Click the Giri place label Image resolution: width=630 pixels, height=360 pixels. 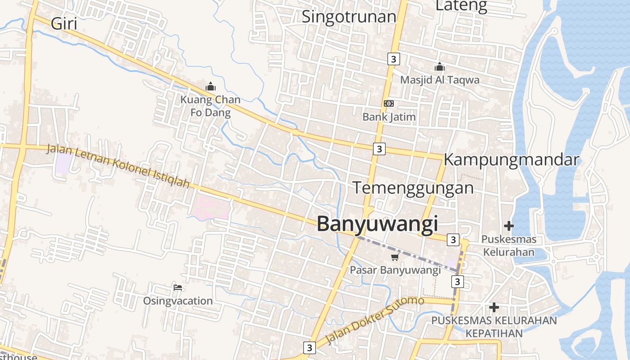tap(64, 23)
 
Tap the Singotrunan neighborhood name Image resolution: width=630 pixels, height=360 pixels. tap(349, 17)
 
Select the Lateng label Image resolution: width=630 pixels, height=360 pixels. tap(461, 6)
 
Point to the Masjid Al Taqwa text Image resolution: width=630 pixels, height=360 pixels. tap(440, 80)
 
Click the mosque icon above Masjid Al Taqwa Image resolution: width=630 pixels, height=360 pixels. tap(440, 67)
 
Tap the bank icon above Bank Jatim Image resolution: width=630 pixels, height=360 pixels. tap(389, 103)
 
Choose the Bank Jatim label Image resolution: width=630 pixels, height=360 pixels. tap(389, 117)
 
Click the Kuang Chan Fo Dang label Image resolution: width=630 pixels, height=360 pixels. tap(210, 106)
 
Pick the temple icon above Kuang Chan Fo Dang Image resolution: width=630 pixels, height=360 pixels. tap(210, 86)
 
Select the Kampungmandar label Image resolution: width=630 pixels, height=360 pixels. tap(511, 160)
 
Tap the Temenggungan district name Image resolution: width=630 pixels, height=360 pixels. tap(413, 188)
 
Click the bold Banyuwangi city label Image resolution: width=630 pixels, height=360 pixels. tap(377, 224)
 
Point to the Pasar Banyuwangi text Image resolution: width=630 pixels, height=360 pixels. tap(395, 270)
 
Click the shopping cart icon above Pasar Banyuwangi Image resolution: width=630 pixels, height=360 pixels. tap(395, 257)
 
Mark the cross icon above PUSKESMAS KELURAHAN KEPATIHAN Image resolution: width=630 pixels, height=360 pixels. tap(494, 307)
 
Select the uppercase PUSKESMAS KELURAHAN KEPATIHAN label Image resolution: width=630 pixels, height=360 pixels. tap(494, 327)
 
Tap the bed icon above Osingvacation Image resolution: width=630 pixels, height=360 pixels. tap(178, 287)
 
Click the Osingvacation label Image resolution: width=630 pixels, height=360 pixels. tap(178, 301)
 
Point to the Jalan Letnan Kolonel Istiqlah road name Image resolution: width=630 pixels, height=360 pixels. tap(118, 166)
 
